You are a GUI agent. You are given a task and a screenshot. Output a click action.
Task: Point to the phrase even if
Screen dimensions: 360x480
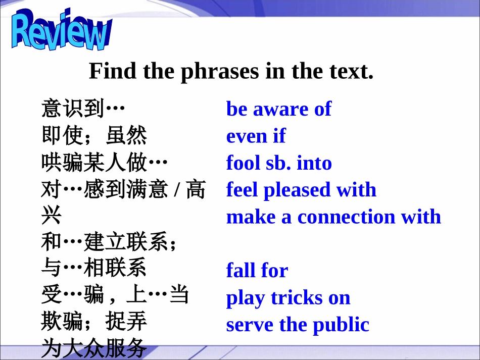pyautogui.click(x=256, y=136)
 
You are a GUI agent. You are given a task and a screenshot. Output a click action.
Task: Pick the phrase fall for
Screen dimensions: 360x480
pyautogui.click(x=257, y=270)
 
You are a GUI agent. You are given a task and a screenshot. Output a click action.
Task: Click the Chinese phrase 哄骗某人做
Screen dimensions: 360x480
pyautogui.click(x=94, y=163)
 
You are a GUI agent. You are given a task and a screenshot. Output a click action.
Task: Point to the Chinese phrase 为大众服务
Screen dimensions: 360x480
pyautogui.click(x=94, y=348)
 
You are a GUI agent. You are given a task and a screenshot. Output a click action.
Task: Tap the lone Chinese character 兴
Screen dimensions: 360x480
pyautogui.click(x=51, y=217)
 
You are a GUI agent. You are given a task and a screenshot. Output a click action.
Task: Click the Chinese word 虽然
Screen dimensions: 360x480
pyautogui.click(x=126, y=136)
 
